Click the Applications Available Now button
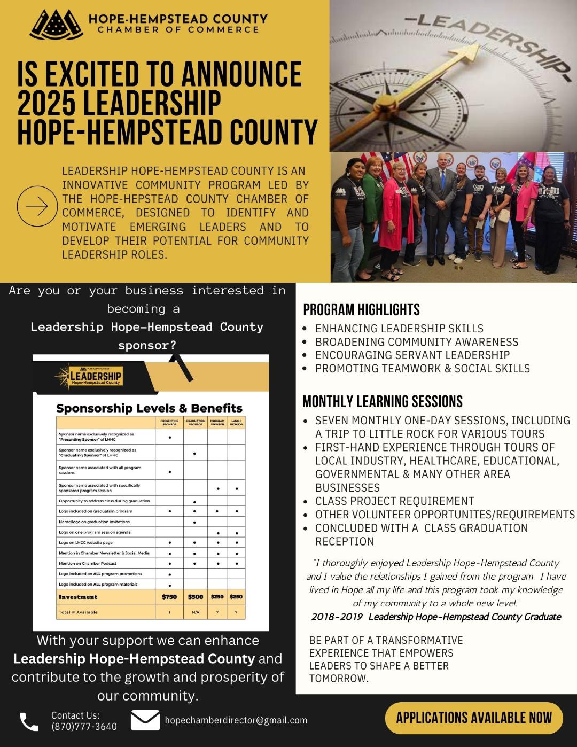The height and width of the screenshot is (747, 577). coord(474,718)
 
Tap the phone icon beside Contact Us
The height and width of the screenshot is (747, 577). coord(29,721)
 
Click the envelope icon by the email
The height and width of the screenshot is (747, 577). coord(145,720)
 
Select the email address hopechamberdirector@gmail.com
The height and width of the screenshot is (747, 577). coord(236,720)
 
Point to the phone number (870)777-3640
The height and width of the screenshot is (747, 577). coord(84,726)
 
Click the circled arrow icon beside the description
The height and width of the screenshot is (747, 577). coord(37,206)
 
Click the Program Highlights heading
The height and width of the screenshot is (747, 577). coord(361,310)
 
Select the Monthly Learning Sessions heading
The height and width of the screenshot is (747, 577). coord(383,401)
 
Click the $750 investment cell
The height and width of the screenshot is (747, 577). coord(169,597)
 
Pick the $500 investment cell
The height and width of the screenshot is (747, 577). coord(196,597)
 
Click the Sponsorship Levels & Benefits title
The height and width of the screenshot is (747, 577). coord(149,408)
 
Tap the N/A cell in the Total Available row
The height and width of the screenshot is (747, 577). coord(196,612)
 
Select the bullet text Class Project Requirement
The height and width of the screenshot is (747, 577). coord(394,501)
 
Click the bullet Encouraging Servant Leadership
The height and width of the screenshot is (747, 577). coord(412,355)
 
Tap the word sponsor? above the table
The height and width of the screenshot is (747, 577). coord(147,345)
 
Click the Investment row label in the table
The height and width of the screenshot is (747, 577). coord(78,597)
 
